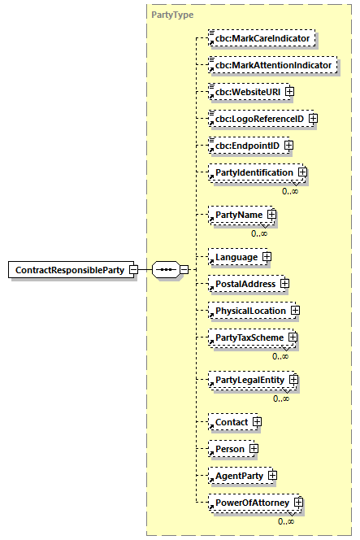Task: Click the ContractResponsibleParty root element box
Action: (x=72, y=269)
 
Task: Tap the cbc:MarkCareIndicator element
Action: (x=260, y=37)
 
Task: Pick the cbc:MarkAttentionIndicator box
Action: (x=271, y=64)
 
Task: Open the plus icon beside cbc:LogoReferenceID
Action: (x=312, y=119)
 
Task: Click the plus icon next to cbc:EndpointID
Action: (x=288, y=146)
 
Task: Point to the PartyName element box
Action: (x=237, y=215)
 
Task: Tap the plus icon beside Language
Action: (x=266, y=257)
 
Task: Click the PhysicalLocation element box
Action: (x=249, y=311)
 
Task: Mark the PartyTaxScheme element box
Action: (x=247, y=337)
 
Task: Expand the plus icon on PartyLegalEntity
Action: (x=294, y=380)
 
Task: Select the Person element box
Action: (x=228, y=448)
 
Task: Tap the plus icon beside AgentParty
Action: (x=272, y=475)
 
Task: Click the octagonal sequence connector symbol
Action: (x=165, y=269)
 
